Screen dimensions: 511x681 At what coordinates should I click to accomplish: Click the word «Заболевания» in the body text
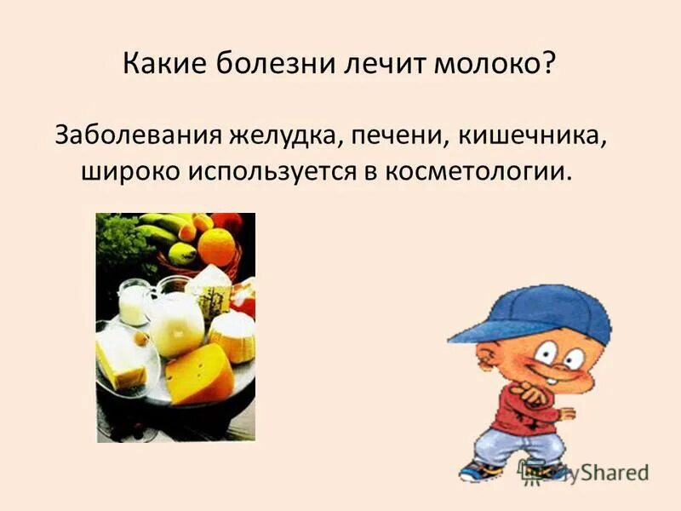(137, 135)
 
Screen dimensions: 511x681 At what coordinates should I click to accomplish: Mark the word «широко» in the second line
(129, 171)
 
